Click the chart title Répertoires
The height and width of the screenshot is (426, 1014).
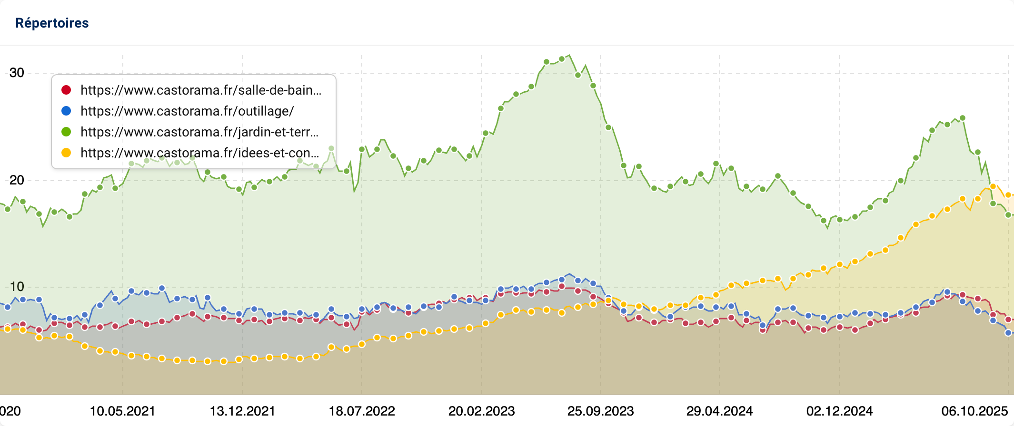click(x=52, y=23)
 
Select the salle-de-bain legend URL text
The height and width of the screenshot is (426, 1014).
click(x=200, y=90)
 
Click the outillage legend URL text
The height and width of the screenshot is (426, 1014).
click(x=187, y=111)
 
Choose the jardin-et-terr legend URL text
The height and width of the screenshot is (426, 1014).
click(x=199, y=132)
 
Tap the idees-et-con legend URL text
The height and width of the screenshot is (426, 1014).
click(x=199, y=153)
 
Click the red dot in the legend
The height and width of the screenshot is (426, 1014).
click(x=66, y=90)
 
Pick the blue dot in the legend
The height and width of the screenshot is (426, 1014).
click(x=66, y=111)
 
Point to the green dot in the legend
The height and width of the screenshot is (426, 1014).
click(x=66, y=132)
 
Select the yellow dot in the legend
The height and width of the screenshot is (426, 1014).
click(x=66, y=153)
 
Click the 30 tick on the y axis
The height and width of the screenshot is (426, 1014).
click(x=17, y=73)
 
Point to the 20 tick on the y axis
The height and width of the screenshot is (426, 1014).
click(x=17, y=180)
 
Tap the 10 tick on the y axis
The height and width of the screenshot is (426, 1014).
click(x=17, y=287)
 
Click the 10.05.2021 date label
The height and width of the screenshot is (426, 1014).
click(x=123, y=411)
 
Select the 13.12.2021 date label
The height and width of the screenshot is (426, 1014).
click(x=243, y=411)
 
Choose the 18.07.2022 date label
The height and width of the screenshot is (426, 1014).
click(x=362, y=411)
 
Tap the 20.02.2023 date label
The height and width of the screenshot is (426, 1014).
click(x=482, y=411)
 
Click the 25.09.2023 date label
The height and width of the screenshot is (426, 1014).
click(x=601, y=411)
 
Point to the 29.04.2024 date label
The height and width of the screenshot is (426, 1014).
click(x=720, y=411)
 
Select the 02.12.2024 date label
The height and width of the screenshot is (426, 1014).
click(x=840, y=411)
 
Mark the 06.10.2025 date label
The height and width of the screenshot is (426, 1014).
click(x=974, y=411)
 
